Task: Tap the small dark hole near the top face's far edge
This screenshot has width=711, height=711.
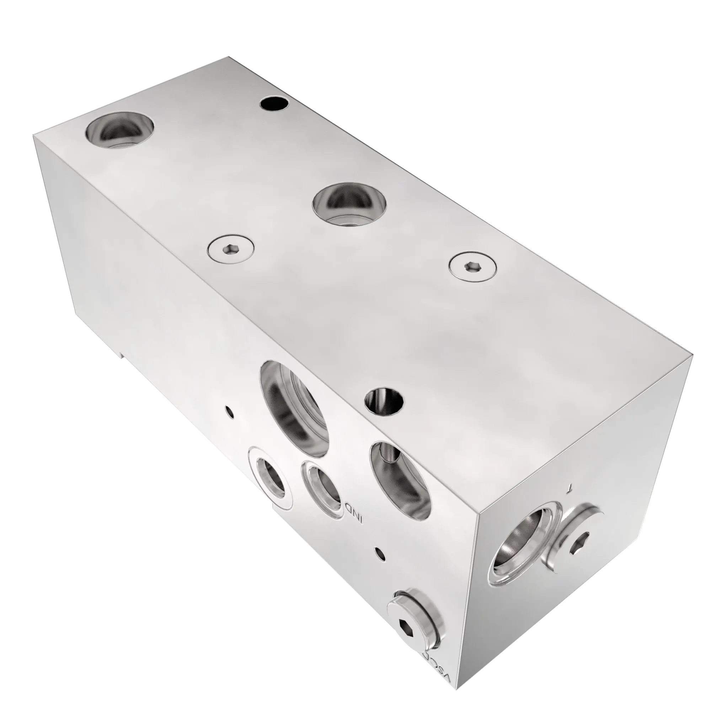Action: coord(273,103)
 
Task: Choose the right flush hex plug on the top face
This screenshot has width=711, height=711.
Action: coord(473,266)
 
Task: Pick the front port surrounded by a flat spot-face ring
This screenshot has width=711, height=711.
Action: coord(272,479)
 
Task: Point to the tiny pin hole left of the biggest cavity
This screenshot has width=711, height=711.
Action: coord(230,411)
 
